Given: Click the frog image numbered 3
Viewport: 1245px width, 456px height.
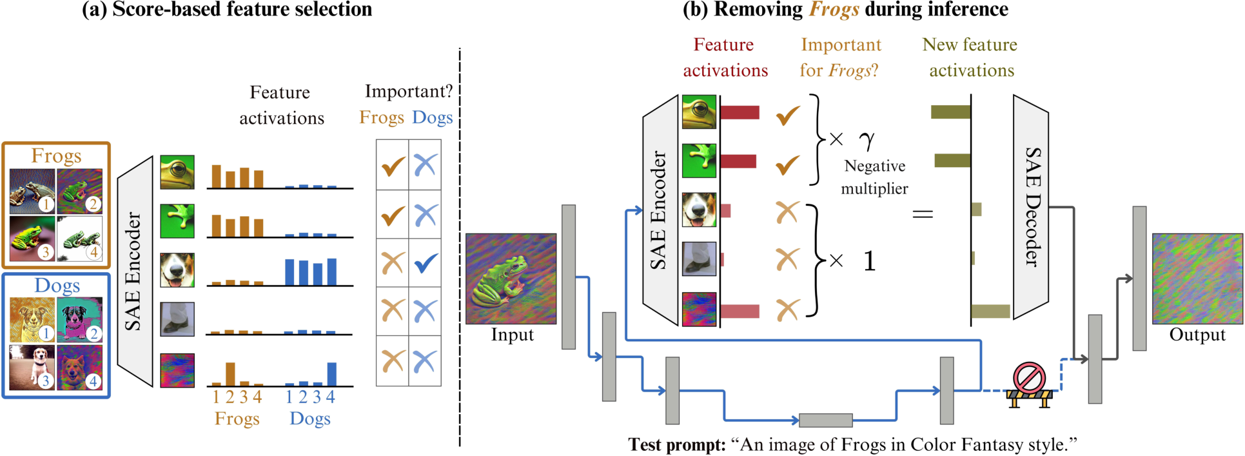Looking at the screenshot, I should pyautogui.click(x=32, y=238).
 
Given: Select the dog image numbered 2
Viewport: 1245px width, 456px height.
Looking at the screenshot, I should pyautogui.click(x=79, y=319).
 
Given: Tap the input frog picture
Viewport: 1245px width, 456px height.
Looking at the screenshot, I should pyautogui.click(x=511, y=278).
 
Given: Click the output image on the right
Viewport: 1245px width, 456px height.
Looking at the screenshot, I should pyautogui.click(x=1197, y=278).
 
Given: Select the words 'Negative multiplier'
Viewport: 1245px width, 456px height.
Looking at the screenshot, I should pyautogui.click(x=875, y=177).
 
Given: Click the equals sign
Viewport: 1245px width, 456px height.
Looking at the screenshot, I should pyautogui.click(x=923, y=213).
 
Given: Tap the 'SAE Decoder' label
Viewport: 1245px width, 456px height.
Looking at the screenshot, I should pyautogui.click(x=1033, y=206).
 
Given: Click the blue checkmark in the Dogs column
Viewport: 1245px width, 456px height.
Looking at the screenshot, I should pyautogui.click(x=426, y=263).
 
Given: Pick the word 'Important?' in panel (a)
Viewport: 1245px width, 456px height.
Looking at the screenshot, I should pyautogui.click(x=409, y=92).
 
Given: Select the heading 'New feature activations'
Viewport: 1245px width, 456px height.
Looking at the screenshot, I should pyautogui.click(x=970, y=57).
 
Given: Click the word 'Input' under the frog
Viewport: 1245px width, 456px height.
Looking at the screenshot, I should pyautogui.click(x=512, y=335).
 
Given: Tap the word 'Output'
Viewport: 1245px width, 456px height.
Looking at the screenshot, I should pyautogui.click(x=1197, y=335).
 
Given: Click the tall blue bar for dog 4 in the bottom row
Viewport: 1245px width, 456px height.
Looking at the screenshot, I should pyautogui.click(x=331, y=373).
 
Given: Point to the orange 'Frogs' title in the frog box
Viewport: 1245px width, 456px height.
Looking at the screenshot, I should pyautogui.click(x=56, y=156).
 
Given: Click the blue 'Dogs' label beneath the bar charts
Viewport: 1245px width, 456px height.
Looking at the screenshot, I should pyautogui.click(x=310, y=419).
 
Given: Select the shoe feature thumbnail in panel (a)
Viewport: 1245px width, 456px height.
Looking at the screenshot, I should pyautogui.click(x=177, y=319).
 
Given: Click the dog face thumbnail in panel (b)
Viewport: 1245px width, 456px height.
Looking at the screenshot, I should pyautogui.click(x=699, y=210).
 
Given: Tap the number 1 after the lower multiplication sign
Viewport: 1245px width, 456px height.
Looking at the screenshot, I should pyautogui.click(x=869, y=261).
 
